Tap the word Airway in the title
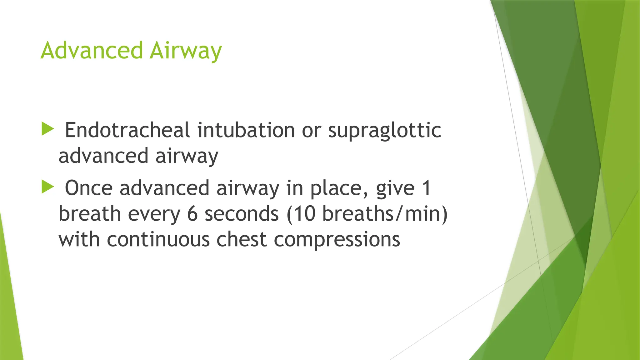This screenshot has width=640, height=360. (x=186, y=51)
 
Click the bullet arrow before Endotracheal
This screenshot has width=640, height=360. (x=47, y=129)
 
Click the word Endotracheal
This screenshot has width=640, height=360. (x=127, y=130)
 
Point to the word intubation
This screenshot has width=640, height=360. (x=246, y=130)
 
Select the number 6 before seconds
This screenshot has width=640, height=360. (x=192, y=214)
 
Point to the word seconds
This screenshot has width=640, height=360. (x=242, y=214)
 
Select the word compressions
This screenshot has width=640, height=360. (x=337, y=240)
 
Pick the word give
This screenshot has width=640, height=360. (x=395, y=188)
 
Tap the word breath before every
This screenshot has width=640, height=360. (x=90, y=214)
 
